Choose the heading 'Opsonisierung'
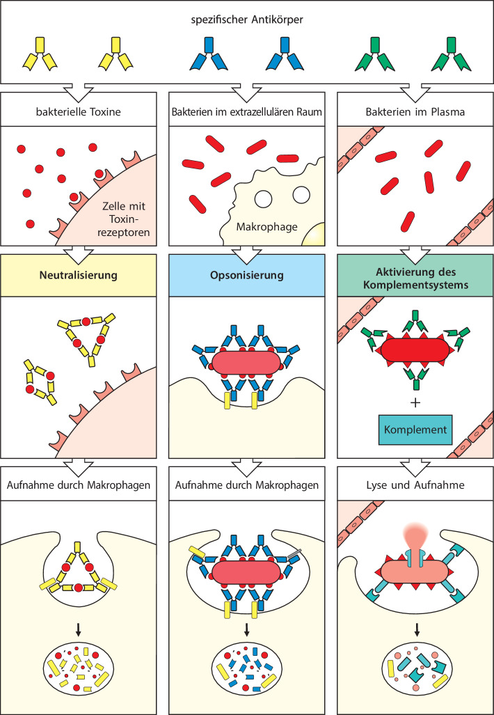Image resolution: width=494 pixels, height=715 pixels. [x=247, y=275]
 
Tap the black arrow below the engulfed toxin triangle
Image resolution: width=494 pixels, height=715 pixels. [x=79, y=629]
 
